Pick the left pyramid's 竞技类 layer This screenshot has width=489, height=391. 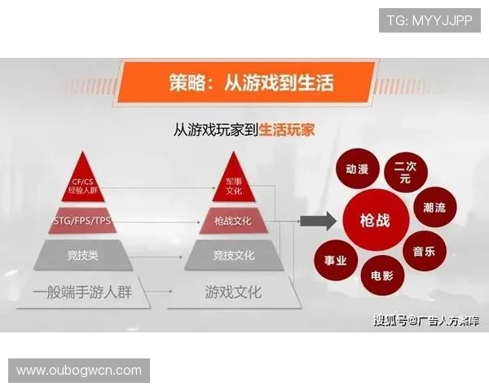(x=83, y=256)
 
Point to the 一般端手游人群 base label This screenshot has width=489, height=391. (x=83, y=291)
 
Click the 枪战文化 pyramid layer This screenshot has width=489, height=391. (x=233, y=222)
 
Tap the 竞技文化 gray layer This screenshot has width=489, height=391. (x=233, y=256)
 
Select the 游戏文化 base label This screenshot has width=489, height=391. (x=233, y=291)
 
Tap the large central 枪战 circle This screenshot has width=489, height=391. (x=376, y=220)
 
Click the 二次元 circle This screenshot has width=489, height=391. (x=405, y=170)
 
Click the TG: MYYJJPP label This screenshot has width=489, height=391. (x=430, y=20)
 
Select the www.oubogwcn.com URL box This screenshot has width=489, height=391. (x=78, y=371)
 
